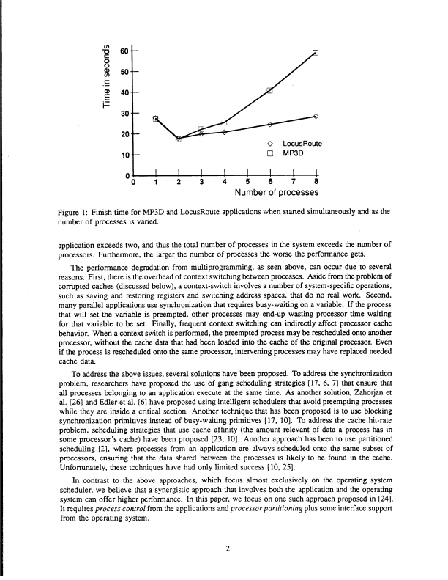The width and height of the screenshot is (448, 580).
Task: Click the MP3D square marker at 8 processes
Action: click(316, 52)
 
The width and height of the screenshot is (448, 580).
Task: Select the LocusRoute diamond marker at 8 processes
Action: click(316, 116)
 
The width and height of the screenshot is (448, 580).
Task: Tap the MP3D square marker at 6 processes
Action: click(269, 90)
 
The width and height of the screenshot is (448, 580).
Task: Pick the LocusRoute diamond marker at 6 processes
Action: click(269, 125)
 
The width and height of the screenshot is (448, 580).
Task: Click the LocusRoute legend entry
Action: click(293, 143)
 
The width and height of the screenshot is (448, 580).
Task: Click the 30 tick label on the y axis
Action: click(123, 114)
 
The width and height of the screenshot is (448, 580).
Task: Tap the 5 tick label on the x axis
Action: click(247, 183)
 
